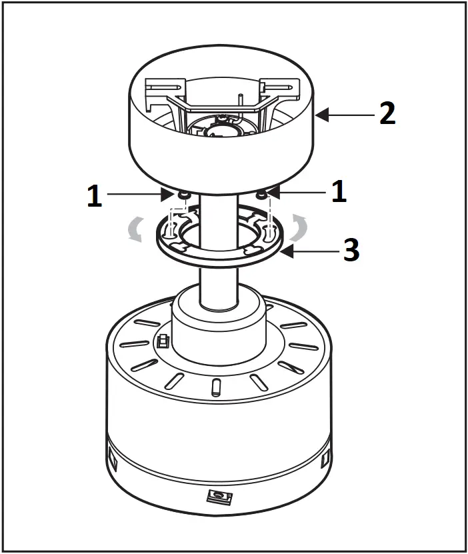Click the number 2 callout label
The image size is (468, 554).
(x=387, y=114)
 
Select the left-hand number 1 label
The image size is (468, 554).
(x=95, y=195)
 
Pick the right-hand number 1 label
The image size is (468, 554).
(x=339, y=193)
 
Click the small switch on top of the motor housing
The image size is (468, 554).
(x=161, y=341)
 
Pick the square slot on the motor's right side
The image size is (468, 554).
(x=325, y=459)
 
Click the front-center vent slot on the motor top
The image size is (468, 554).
(x=215, y=387)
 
